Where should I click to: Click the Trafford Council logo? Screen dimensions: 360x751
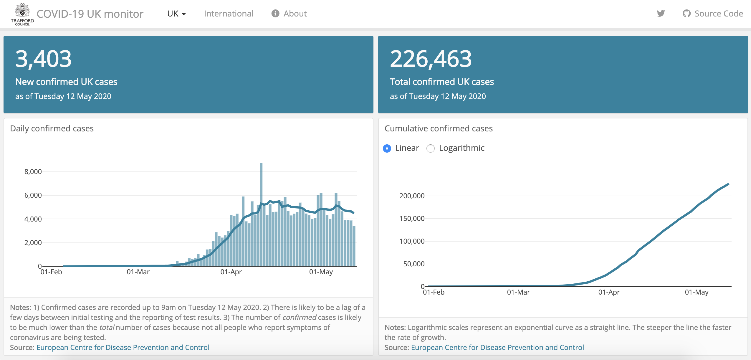click(x=22, y=14)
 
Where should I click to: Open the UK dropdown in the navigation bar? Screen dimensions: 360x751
click(x=176, y=14)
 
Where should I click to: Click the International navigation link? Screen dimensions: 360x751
click(x=228, y=14)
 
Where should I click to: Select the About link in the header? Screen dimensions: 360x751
click(x=289, y=14)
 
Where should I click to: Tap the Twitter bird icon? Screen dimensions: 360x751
click(x=661, y=14)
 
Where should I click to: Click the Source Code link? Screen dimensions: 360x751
click(x=713, y=14)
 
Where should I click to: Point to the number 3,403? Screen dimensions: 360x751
click(x=43, y=59)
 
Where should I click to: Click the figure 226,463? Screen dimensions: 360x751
click(x=431, y=59)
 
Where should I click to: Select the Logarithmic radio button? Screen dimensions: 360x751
click(x=431, y=148)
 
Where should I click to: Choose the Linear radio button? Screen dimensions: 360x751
click(x=387, y=148)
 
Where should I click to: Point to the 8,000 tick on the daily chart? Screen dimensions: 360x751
click(x=33, y=172)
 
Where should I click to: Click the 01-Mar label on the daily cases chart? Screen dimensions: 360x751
click(x=138, y=272)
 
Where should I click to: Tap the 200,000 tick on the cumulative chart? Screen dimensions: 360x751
click(x=412, y=196)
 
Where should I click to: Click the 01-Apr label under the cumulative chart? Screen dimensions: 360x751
click(x=609, y=292)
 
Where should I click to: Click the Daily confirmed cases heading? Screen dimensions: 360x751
click(x=52, y=128)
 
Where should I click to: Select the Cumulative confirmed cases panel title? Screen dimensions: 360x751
click(x=439, y=128)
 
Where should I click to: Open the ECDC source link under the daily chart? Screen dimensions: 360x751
click(x=123, y=348)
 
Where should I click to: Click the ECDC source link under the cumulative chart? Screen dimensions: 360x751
click(x=497, y=348)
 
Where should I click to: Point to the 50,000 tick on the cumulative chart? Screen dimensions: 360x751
click(x=413, y=264)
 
